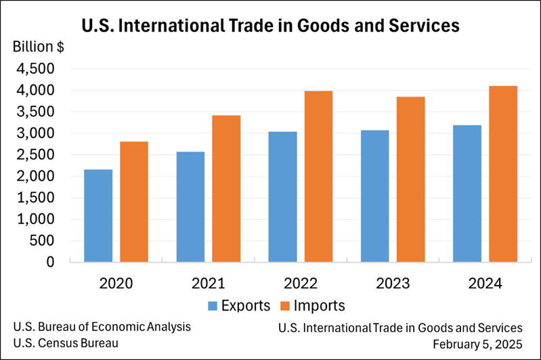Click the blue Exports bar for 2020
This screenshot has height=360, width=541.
[x=99, y=215]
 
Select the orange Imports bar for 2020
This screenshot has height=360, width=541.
[x=134, y=201]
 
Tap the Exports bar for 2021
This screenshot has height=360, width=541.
[x=190, y=206]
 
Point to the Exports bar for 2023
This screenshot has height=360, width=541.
[x=374, y=196]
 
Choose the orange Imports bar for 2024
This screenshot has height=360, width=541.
[x=502, y=173]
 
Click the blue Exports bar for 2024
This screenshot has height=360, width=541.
[x=467, y=193]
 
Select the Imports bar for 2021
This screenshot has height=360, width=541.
[x=226, y=188]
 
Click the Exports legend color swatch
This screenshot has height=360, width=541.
[x=213, y=305]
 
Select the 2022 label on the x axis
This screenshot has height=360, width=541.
[x=300, y=283]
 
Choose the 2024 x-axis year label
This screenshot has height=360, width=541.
[x=484, y=283]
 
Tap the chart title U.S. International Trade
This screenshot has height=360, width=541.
[x=270, y=26]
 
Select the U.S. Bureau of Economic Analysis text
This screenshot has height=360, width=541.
[x=102, y=327]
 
